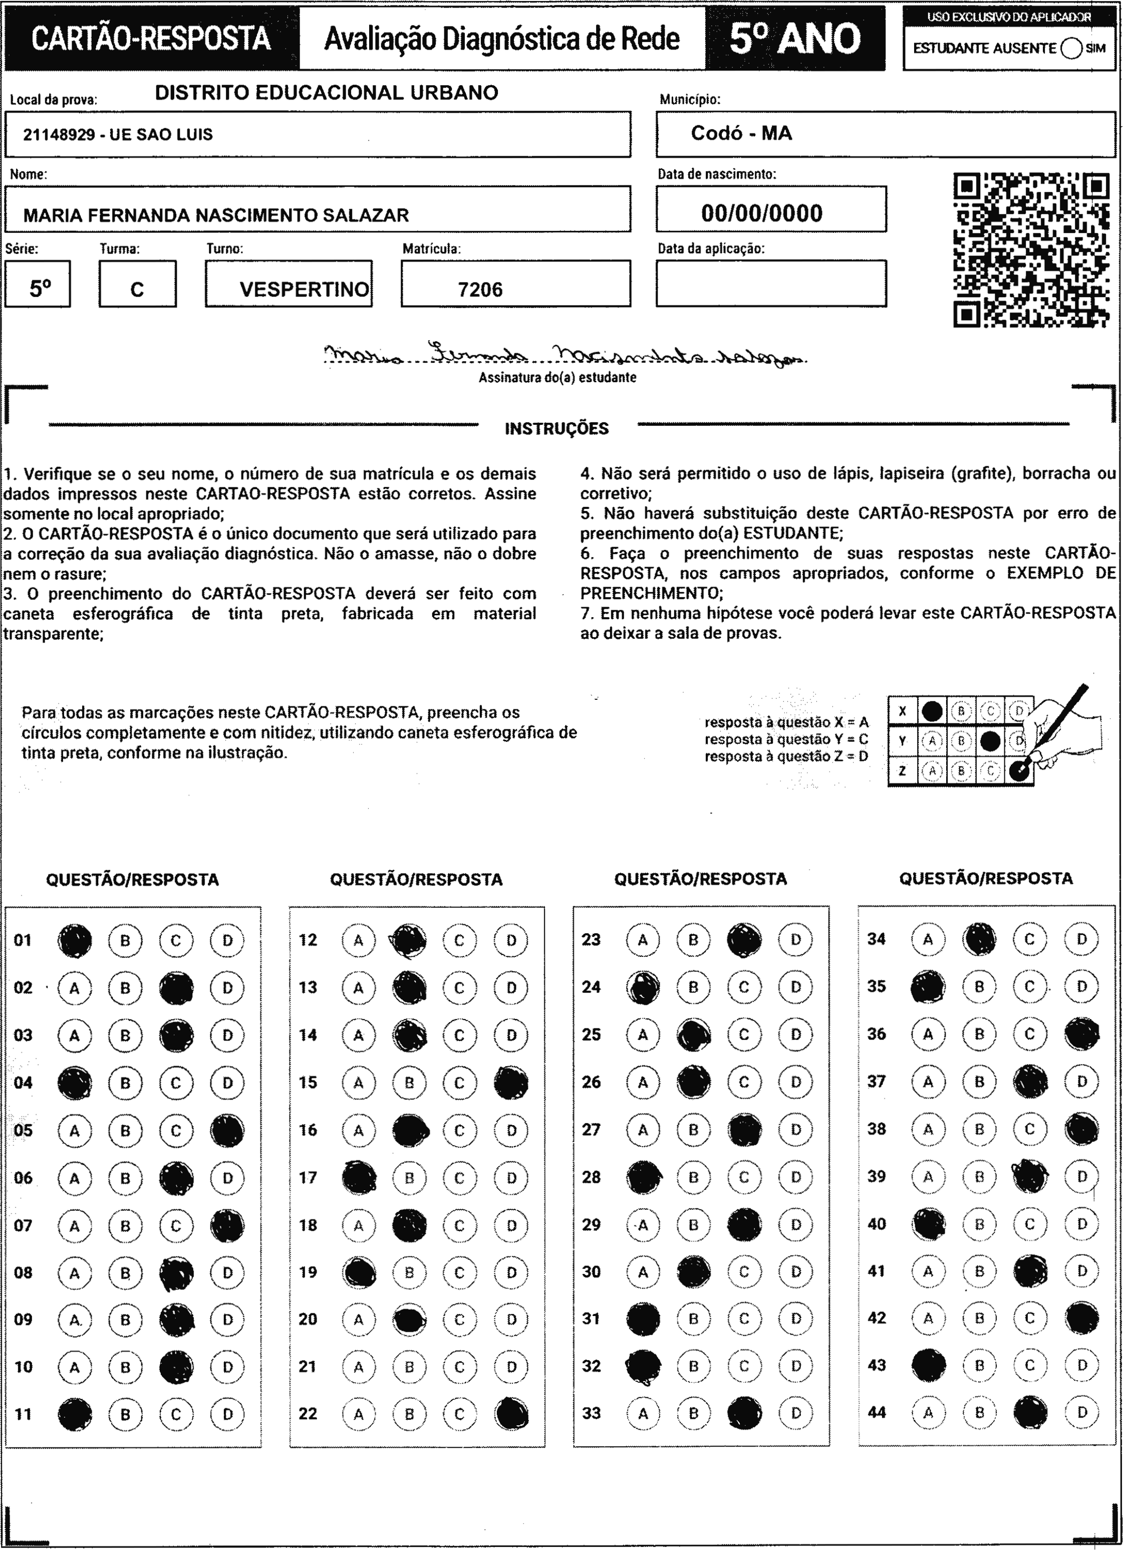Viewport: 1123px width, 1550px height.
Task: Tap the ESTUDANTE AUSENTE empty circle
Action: click(1071, 49)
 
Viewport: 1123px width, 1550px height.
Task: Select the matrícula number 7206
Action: click(480, 290)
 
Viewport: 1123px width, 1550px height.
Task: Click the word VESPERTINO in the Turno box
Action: click(304, 290)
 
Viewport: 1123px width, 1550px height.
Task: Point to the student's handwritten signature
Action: click(564, 354)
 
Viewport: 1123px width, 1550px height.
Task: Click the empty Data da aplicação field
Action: click(771, 283)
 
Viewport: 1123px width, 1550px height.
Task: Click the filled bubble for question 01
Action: click(75, 940)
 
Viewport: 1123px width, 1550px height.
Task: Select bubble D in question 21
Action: click(511, 1367)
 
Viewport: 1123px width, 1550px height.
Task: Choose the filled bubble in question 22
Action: click(511, 1414)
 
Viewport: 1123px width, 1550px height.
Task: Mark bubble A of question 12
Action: click(358, 940)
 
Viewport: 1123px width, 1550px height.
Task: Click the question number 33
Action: click(591, 1413)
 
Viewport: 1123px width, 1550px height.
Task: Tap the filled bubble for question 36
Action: click(1081, 1034)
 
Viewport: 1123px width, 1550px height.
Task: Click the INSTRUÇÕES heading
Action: click(556, 428)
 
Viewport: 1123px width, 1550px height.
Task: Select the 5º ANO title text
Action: click(795, 39)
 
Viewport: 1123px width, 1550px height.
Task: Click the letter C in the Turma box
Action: click(137, 290)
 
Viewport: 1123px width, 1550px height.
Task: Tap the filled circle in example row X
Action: click(932, 711)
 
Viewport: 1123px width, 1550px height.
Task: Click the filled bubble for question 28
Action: click(643, 1177)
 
